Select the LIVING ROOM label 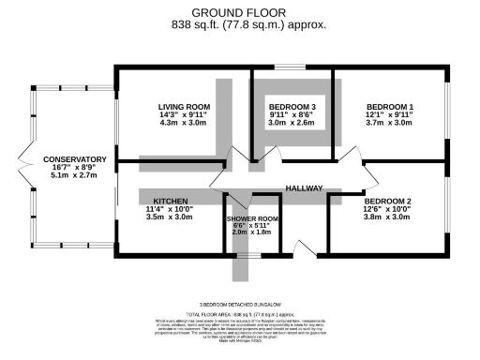coord(184,107)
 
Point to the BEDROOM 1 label coord(390,107)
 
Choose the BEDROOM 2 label coord(388,202)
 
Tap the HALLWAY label coord(304,188)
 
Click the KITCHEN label coord(170,202)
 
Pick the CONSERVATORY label coord(74,160)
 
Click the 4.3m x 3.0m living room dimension coord(184,123)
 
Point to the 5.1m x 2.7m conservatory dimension coord(74,176)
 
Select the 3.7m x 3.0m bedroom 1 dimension coord(390,123)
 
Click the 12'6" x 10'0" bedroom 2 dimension coord(388,209)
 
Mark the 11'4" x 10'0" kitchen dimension coord(170,209)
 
